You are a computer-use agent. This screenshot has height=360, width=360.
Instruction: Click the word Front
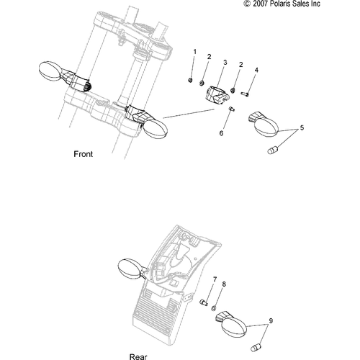click(84, 154)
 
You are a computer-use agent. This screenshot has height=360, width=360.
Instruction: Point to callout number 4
click(256, 70)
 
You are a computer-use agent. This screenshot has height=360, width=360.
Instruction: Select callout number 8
click(224, 284)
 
